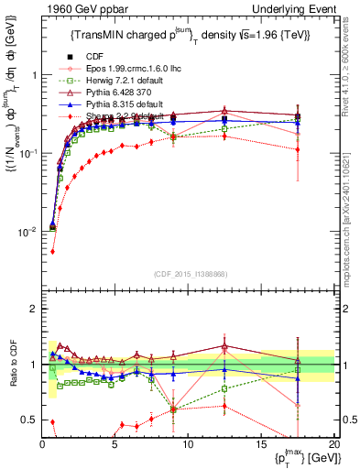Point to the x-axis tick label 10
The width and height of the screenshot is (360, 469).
tap(188, 444)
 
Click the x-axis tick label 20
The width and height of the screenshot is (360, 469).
tap(333, 444)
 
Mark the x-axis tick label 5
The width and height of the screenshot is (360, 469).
tap(115, 444)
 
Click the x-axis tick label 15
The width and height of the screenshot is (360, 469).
tap(260, 444)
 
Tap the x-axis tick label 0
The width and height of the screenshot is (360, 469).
tap(42, 444)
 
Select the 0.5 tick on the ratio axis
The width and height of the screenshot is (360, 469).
tap(30, 420)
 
